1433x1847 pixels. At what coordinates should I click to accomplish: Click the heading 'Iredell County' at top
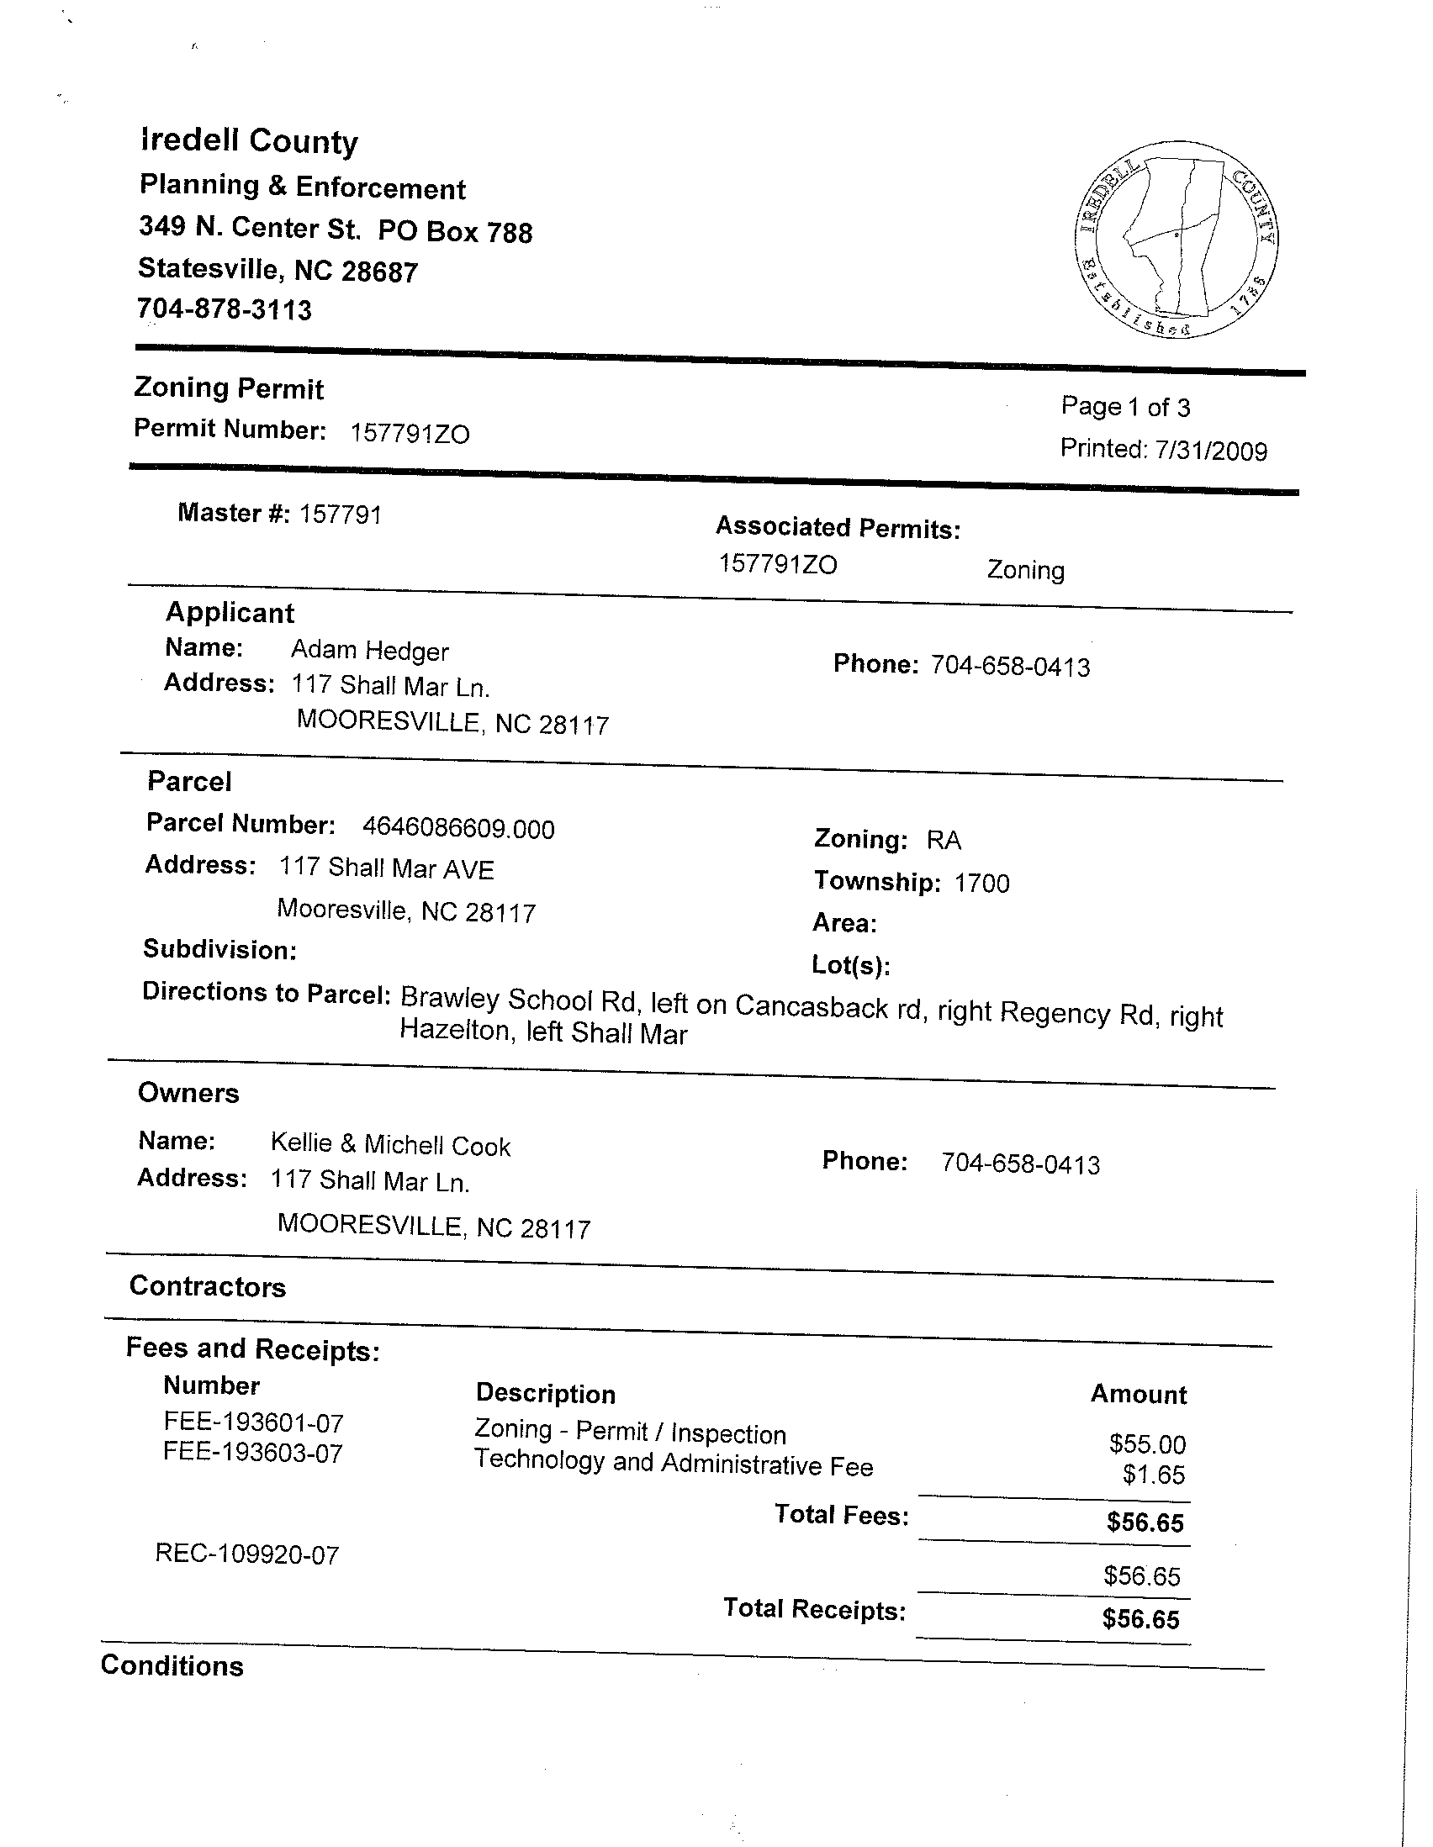pyautogui.click(x=250, y=141)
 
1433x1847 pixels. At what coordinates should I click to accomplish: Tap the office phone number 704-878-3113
pyautogui.click(x=225, y=309)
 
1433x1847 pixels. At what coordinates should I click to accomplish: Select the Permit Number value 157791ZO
pyautogui.click(x=410, y=434)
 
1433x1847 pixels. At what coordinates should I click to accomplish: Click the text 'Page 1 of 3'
pyautogui.click(x=1125, y=408)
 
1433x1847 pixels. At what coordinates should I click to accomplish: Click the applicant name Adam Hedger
pyautogui.click(x=370, y=651)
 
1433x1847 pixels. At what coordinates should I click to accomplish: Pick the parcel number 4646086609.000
pyautogui.click(x=458, y=828)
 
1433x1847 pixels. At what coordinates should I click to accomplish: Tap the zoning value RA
pyautogui.click(x=944, y=840)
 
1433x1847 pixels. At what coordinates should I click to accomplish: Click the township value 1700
pyautogui.click(x=982, y=883)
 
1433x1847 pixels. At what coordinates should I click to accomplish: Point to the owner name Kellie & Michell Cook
pyautogui.click(x=391, y=1144)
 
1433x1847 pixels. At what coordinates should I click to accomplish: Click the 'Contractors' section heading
pyautogui.click(x=208, y=1286)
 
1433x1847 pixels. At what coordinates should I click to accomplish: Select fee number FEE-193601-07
pyautogui.click(x=254, y=1422)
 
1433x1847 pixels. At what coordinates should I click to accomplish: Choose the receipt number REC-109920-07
pyautogui.click(x=247, y=1554)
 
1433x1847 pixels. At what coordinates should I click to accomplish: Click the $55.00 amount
pyautogui.click(x=1147, y=1443)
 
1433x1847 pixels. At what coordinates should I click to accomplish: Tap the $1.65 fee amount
pyautogui.click(x=1154, y=1475)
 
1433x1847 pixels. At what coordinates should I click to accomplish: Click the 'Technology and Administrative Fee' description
pyautogui.click(x=674, y=1464)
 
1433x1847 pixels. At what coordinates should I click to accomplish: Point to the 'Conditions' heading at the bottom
pyautogui.click(x=172, y=1665)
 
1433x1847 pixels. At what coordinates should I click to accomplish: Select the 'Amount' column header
pyautogui.click(x=1139, y=1394)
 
